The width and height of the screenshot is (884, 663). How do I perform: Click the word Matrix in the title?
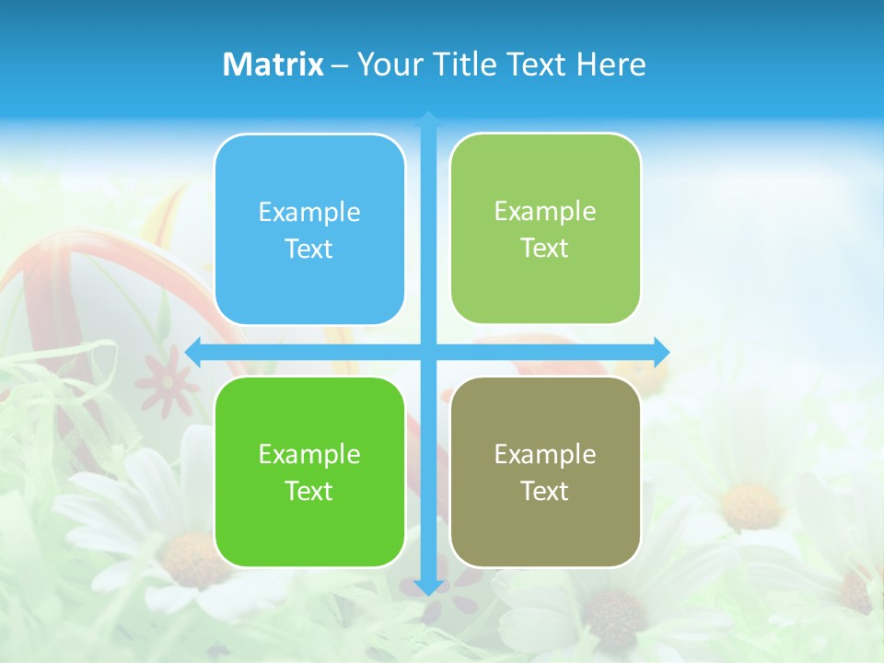273,64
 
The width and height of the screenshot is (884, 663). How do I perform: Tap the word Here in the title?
611,64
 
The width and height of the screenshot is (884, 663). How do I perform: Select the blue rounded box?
309,229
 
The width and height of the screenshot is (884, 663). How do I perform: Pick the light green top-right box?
545,228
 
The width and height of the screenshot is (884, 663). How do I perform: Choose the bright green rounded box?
309,471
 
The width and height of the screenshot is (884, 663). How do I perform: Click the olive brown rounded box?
545,471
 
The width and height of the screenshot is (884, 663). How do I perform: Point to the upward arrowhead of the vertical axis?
428,120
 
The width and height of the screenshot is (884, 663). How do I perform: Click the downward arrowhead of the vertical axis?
428,587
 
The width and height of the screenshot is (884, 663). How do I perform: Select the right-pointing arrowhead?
660,351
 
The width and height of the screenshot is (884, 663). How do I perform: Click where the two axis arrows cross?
428,352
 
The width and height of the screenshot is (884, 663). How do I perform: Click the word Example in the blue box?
309,213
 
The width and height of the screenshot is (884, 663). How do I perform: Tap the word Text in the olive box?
545,491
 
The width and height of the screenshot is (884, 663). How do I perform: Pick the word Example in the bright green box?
309,454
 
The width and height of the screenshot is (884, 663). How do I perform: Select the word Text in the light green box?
545,249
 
